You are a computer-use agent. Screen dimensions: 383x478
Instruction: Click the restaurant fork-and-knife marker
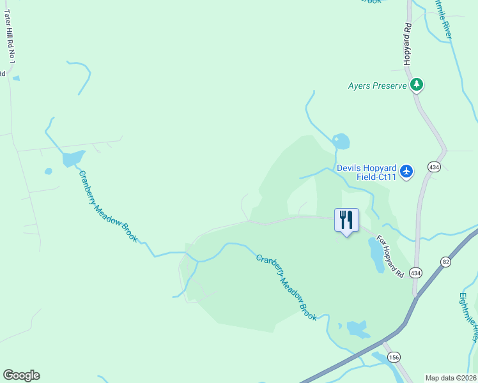pos(346,220)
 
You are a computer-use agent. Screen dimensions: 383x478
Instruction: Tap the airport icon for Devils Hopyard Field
pos(406,171)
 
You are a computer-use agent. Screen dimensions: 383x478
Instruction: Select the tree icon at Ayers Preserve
pos(417,84)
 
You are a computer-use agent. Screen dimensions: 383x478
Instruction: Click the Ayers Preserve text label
pos(377,86)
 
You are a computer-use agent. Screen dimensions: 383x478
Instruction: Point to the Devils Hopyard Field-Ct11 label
pos(367,172)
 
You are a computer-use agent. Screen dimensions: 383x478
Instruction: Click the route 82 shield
pos(445,262)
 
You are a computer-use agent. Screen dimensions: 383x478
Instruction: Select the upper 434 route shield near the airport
pos(435,167)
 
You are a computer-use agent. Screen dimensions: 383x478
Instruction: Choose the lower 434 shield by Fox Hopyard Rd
pos(416,273)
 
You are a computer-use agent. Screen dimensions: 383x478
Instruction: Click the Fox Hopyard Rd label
pos(390,257)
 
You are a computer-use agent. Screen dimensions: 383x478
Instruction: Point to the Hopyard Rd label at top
pos(407,44)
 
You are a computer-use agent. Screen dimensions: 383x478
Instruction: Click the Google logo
pos(21,375)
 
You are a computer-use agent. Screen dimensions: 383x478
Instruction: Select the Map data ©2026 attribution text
pos(451,378)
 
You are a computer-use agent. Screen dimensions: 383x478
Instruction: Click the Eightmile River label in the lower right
pos(468,317)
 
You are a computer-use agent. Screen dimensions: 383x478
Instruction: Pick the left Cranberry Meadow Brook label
pos(107,206)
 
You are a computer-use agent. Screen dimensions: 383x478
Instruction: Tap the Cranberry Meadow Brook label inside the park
pos(286,287)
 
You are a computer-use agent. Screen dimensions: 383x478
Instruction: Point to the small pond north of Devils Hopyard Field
pos(341,140)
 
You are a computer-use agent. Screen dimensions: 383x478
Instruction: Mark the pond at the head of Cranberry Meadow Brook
pos(73,158)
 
